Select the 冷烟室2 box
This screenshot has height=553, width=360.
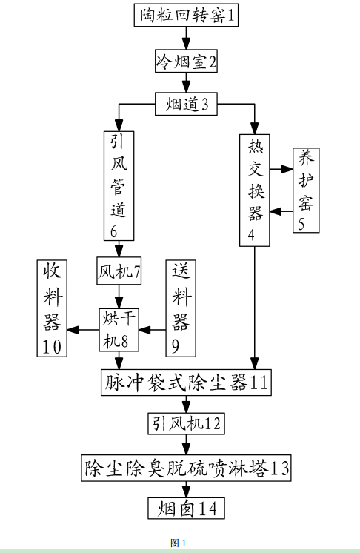(186, 60)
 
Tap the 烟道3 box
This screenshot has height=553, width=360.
(187, 105)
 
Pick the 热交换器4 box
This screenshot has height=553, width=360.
(255, 190)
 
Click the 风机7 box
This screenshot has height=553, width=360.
(118, 271)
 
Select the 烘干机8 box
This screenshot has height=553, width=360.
(119, 329)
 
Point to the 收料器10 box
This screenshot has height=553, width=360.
(53, 307)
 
